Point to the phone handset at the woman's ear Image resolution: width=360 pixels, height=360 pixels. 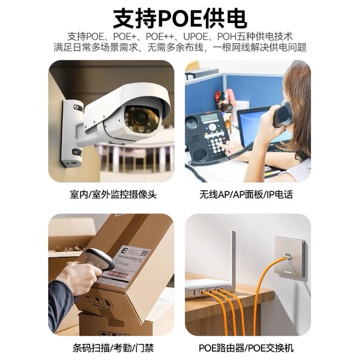[x=282, y=115]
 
